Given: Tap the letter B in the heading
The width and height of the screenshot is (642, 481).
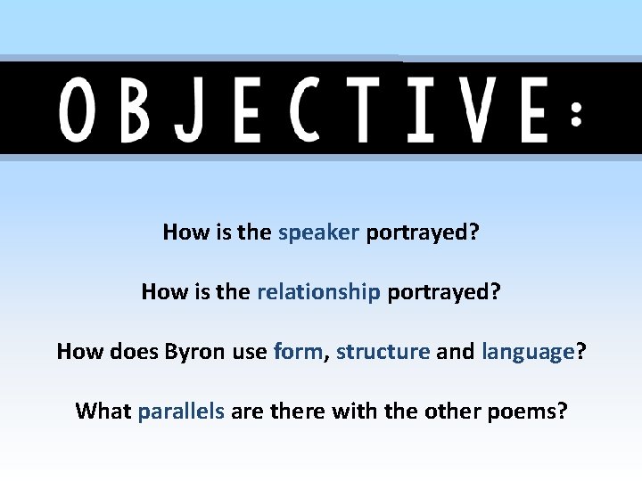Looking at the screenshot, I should [136, 110].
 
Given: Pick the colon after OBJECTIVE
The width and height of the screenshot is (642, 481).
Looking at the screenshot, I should [577, 113].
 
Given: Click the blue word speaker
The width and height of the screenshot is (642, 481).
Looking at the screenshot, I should [318, 233].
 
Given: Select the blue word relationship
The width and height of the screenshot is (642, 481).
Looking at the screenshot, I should [318, 292].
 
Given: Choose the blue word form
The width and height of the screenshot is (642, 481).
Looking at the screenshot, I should [298, 352].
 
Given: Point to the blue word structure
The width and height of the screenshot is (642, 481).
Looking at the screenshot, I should [383, 352].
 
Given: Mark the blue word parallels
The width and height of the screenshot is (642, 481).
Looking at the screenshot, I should [181, 412].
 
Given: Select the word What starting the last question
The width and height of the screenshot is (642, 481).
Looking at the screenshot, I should [103, 412].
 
